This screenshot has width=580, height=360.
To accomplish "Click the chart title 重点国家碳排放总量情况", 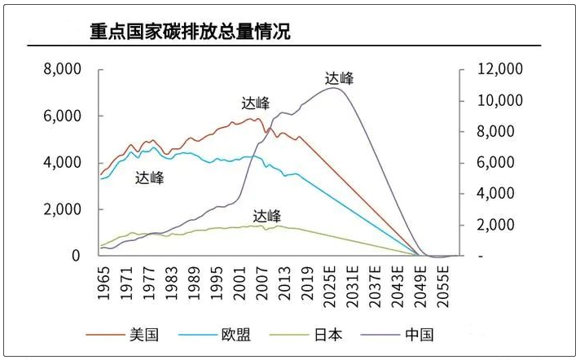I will [189, 32].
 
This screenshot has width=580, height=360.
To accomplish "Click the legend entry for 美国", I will [143, 335].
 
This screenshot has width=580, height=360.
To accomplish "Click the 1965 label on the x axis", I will [104, 281].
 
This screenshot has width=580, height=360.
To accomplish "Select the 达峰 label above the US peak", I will [256, 103].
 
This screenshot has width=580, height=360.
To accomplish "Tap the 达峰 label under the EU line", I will [150, 178].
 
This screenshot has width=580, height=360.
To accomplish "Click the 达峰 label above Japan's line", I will [266, 216].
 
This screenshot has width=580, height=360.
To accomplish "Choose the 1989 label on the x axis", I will [194, 281].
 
